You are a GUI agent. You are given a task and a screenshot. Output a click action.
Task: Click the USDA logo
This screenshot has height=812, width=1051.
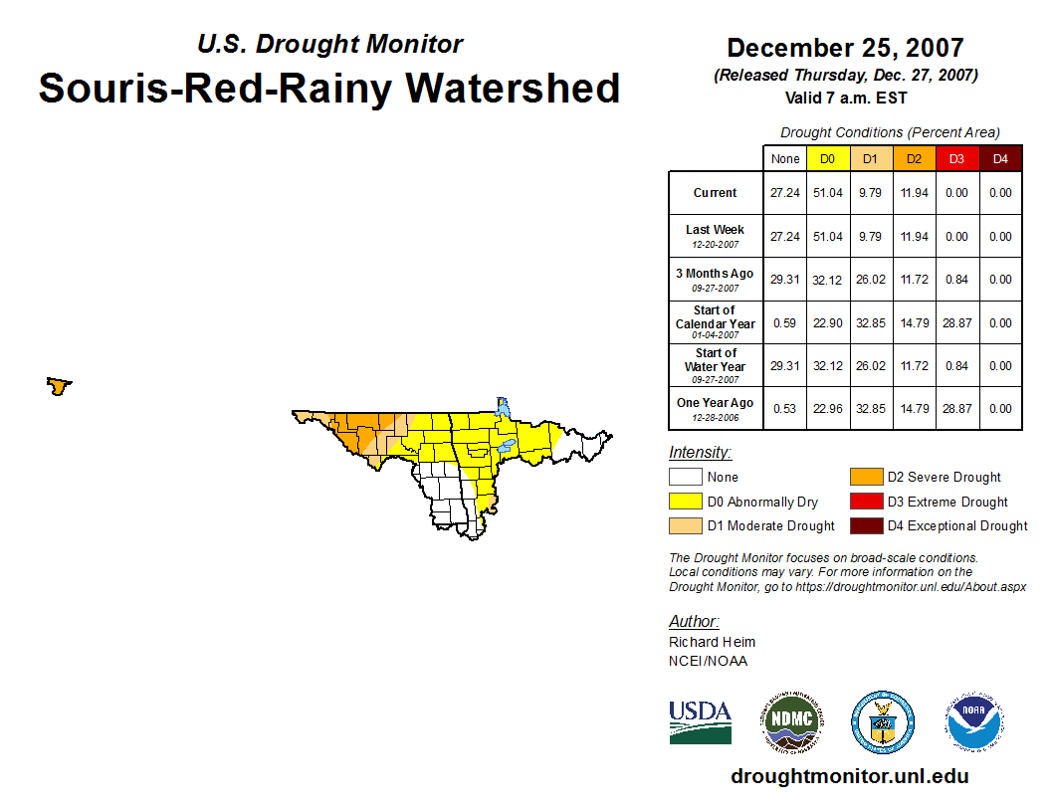pyautogui.click(x=700, y=722)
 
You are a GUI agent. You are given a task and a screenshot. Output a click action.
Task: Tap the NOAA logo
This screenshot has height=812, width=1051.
pyautogui.click(x=974, y=722)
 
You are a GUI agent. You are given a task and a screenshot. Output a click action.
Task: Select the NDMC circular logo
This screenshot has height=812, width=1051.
pyautogui.click(x=791, y=722)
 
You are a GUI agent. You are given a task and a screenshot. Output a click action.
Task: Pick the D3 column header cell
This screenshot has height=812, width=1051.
pyautogui.click(x=956, y=159)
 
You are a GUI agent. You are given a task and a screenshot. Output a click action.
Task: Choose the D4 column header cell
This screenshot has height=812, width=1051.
pyautogui.click(x=1000, y=159)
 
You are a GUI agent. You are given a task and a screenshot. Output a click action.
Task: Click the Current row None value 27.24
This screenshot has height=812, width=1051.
pyautogui.click(x=784, y=193)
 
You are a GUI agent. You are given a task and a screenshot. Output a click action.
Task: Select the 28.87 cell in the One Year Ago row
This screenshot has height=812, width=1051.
pyautogui.click(x=956, y=408)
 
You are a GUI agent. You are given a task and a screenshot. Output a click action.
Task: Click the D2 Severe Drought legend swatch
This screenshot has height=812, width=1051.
pyautogui.click(x=865, y=478)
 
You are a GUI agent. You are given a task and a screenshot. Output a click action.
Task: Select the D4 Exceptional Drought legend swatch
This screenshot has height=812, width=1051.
pyautogui.click(x=865, y=525)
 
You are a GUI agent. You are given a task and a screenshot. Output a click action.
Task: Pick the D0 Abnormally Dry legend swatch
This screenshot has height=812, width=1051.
pyautogui.click(x=686, y=502)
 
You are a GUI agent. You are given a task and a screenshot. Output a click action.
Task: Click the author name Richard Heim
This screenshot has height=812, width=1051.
pyautogui.click(x=712, y=642)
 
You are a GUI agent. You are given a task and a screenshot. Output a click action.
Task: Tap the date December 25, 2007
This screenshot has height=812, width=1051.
pyautogui.click(x=845, y=48)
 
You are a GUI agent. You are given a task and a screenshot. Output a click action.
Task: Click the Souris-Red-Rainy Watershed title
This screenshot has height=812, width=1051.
pyautogui.click(x=329, y=88)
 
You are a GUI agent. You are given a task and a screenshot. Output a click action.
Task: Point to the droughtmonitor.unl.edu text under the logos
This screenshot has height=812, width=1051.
pyautogui.click(x=849, y=776)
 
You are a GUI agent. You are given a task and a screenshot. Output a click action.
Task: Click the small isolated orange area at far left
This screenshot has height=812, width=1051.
pyautogui.click(x=59, y=386)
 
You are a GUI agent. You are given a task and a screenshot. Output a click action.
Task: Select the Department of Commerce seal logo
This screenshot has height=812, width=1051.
pyautogui.click(x=882, y=722)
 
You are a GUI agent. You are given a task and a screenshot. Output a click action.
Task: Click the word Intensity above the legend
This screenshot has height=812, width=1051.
pyautogui.click(x=700, y=453)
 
